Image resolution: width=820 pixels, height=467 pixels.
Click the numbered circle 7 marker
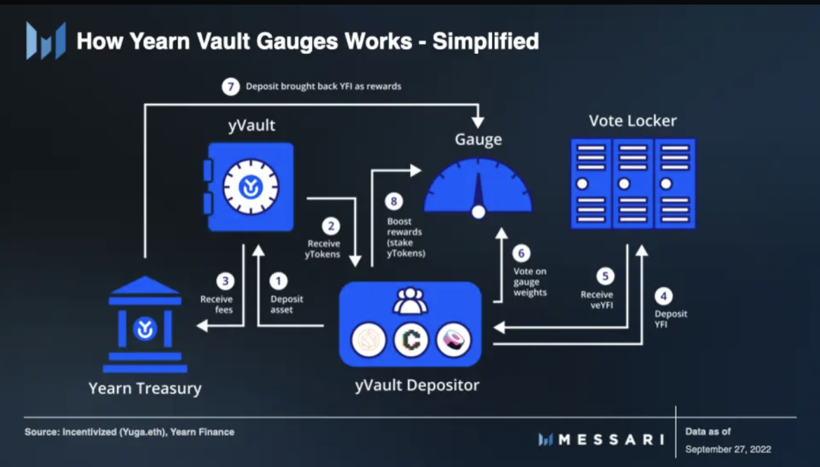point(231,87)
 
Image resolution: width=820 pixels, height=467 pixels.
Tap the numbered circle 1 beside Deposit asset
point(279,282)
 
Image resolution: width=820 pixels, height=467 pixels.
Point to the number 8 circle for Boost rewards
point(393,201)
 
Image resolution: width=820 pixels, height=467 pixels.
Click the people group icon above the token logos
point(410,301)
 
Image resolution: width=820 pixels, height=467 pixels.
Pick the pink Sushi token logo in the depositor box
point(453,340)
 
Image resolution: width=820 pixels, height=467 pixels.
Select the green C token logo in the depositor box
point(411,340)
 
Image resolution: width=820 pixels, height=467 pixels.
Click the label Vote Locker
point(632,121)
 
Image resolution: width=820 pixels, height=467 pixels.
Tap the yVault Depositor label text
point(417,385)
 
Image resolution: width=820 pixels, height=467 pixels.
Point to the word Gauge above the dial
point(478,140)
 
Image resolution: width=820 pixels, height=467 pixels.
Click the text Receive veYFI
point(597,299)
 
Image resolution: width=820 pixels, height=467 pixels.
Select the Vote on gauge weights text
point(530,282)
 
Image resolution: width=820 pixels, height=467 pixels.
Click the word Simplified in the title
point(486,41)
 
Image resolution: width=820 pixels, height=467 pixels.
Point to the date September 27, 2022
point(727,449)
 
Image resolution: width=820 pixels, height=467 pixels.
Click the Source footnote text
point(129,432)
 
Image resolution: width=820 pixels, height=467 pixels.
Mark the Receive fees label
point(216,304)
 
